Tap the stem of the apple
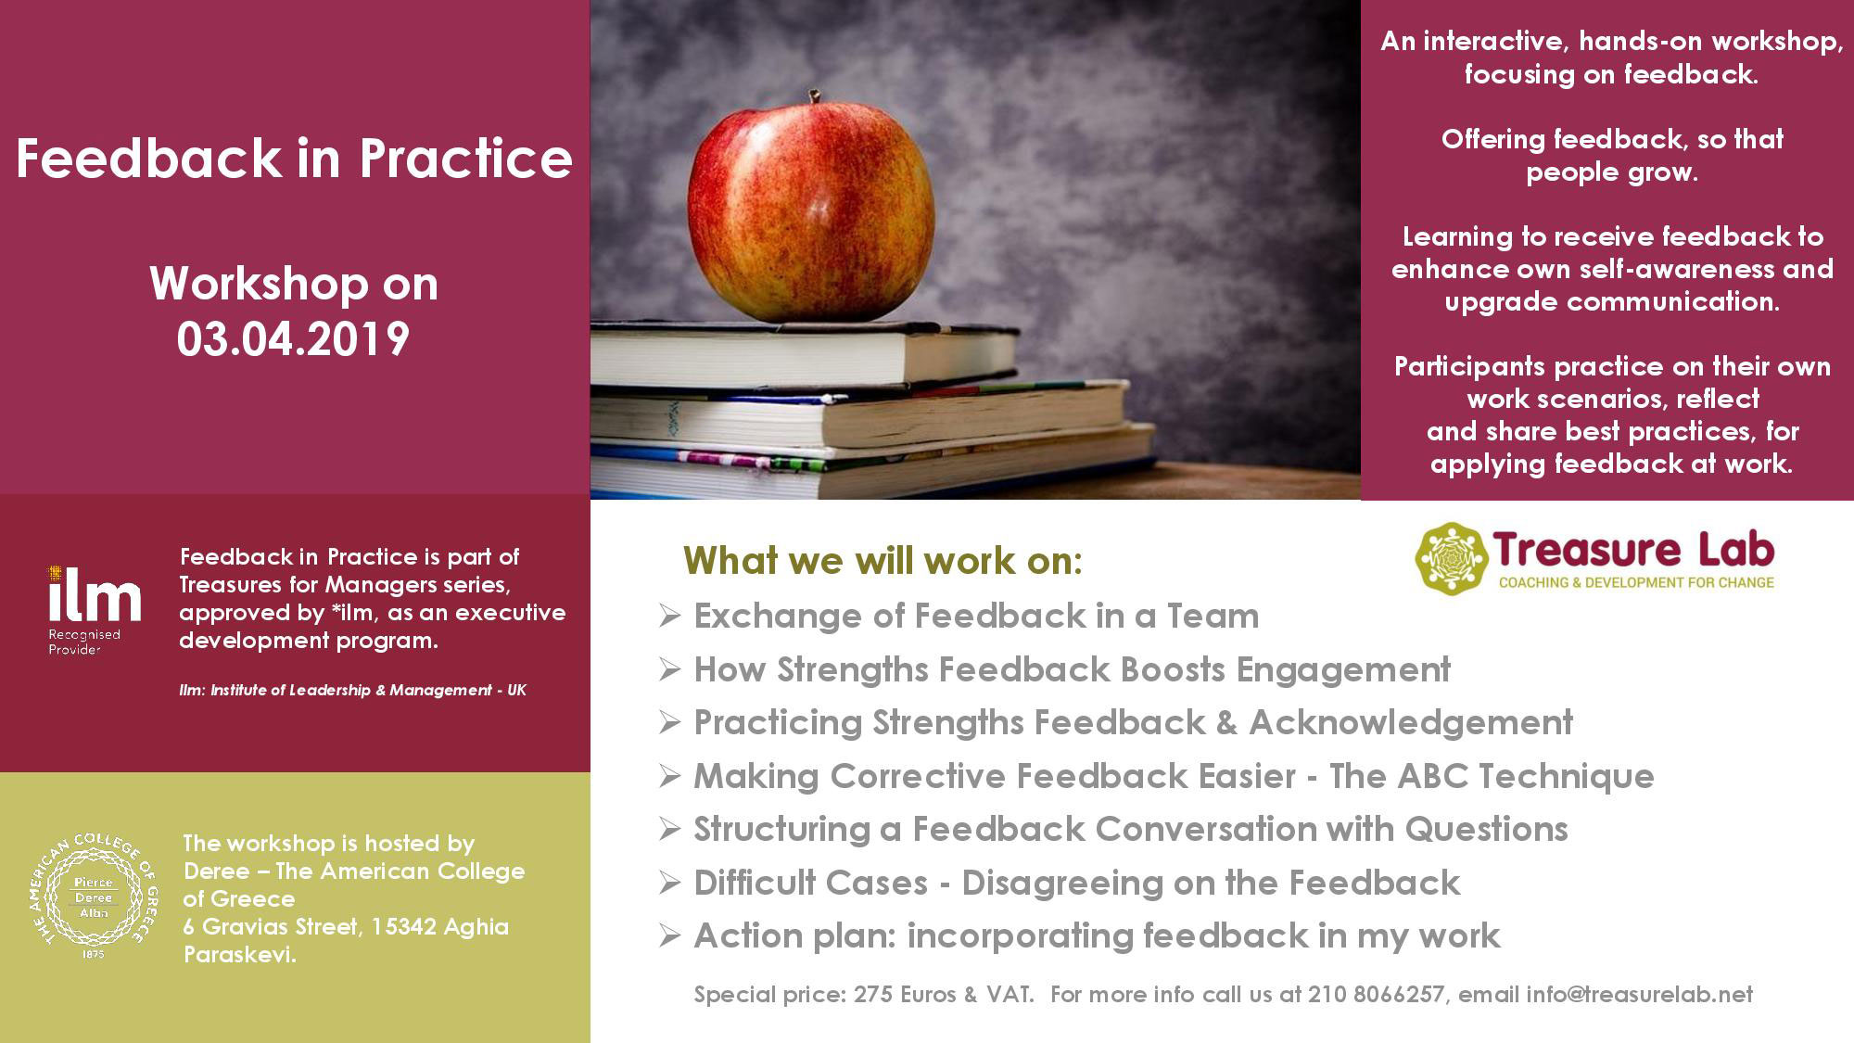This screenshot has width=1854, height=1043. point(815,96)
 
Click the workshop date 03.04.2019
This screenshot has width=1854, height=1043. point(293,339)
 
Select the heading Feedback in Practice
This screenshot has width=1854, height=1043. point(294,159)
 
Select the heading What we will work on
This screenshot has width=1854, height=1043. point(883,561)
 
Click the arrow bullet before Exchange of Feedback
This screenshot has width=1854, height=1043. point(669,617)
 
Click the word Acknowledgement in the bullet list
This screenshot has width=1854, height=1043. point(1411,723)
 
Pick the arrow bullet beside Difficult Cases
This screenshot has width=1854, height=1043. point(669,884)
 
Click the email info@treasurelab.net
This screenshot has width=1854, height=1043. point(1639,995)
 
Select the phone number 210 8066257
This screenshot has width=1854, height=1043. point(1376,995)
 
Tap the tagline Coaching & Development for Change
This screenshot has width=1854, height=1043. point(1636,582)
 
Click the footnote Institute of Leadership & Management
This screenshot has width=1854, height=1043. point(353,690)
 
